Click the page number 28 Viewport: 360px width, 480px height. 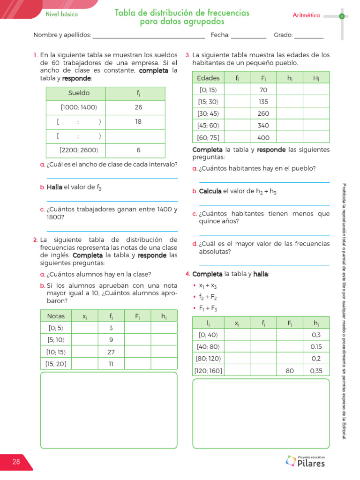tap(16, 462)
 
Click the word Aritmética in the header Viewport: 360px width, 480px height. tap(306, 15)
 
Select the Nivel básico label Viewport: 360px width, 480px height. tap(61, 14)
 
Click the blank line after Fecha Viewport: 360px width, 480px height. tap(248, 36)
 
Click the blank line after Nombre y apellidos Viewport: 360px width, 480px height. tap(149, 36)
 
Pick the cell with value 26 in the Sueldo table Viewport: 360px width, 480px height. tap(138, 107)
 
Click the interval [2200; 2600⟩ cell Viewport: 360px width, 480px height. tap(76, 150)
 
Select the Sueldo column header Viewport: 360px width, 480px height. tap(79, 93)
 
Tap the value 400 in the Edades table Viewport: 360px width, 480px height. tap(263, 138)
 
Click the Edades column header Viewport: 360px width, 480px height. tap(208, 78)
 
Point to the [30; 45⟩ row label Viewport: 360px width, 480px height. tap(208, 113)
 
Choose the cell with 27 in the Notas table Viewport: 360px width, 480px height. tap(111, 352)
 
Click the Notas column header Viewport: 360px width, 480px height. tap(56, 316)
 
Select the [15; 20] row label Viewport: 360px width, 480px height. tap(56, 363)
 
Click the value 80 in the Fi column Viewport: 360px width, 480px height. tap(290, 370)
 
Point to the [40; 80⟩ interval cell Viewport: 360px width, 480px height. tap(208, 347)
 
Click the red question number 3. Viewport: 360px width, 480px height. tap(187, 55)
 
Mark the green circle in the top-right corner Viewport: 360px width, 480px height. tap(342, 16)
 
